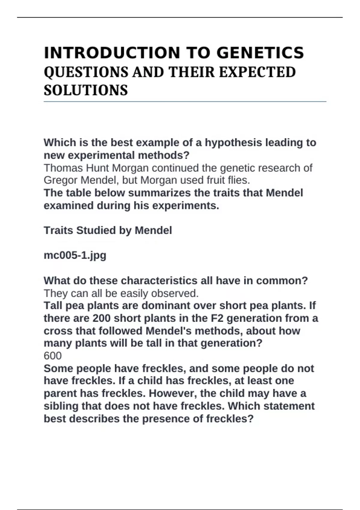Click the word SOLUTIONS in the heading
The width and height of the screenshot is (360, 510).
(x=86, y=90)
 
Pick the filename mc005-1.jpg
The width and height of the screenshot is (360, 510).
(x=75, y=255)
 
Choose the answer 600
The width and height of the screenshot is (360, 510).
(x=53, y=356)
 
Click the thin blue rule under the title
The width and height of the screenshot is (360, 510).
(x=185, y=102)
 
